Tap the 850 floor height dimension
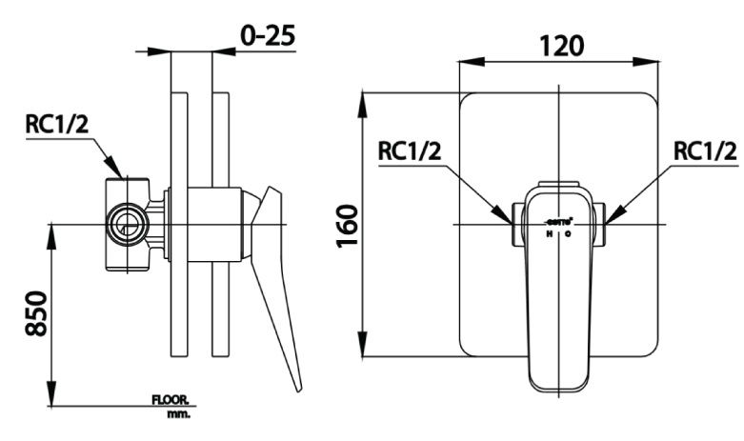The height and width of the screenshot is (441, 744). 35,311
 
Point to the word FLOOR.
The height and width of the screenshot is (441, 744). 171,402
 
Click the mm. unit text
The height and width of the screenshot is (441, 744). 177,414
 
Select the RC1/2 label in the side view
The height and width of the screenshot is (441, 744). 59,124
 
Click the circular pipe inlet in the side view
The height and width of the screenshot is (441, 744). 125,225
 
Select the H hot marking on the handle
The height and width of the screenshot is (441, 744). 550,233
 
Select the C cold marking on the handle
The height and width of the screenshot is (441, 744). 568,233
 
